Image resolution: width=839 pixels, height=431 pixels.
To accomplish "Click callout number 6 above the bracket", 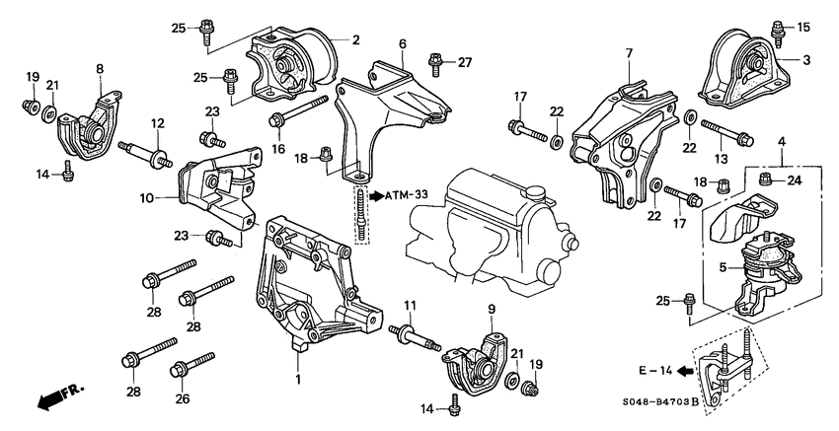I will [403, 44].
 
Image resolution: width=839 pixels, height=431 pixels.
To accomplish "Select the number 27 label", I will [465, 62].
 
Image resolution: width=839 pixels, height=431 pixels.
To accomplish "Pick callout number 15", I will [802, 26].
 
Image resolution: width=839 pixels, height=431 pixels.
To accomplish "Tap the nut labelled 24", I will [766, 180].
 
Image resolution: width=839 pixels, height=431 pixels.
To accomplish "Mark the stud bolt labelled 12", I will [146, 152].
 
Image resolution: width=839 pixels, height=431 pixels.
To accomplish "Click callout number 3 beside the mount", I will [806, 60].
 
